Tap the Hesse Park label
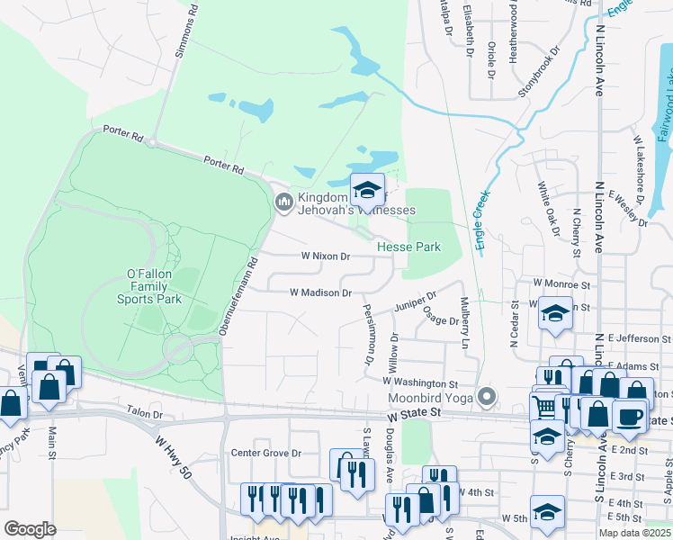pos(408,247)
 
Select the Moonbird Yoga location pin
pos(488,395)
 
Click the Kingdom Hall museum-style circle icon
pos(283,201)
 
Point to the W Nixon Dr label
pos(325,256)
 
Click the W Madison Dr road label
pos(320,292)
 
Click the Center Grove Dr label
pos(265,453)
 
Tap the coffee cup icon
pos(629,416)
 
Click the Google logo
pos(30,528)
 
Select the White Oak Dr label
pos(545,205)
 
